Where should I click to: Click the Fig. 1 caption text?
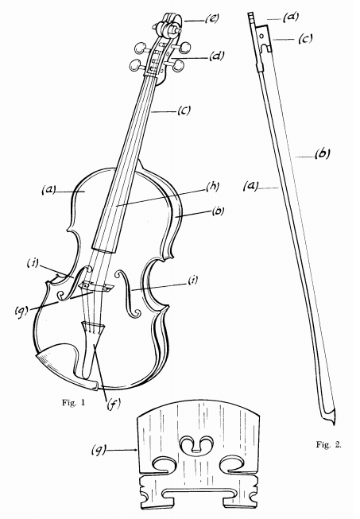click(x=73, y=402)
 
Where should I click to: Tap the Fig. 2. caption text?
click(x=328, y=444)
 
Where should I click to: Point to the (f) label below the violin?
click(x=113, y=404)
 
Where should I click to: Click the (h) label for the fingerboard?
click(x=212, y=187)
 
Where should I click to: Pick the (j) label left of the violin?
click(x=33, y=263)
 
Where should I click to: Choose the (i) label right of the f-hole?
click(x=192, y=281)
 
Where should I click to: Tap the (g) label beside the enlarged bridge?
click(x=99, y=450)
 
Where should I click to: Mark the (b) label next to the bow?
click(x=322, y=153)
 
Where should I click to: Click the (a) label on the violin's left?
click(x=48, y=190)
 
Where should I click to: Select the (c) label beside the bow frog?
click(x=304, y=39)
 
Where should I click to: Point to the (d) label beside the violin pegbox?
click(x=217, y=56)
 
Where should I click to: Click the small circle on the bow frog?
click(x=261, y=35)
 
